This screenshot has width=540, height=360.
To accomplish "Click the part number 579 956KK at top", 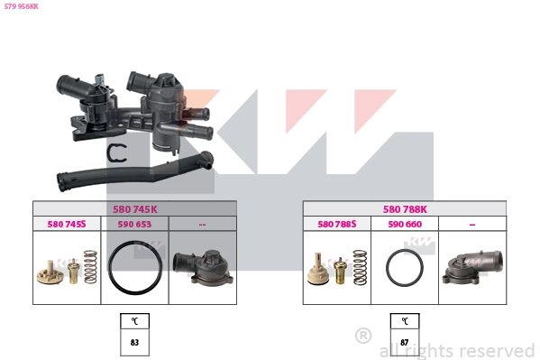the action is (x=22, y=6).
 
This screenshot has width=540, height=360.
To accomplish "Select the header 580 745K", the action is (x=134, y=209).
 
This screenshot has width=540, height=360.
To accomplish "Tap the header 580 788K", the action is (x=405, y=209).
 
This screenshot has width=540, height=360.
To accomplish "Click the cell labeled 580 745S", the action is (x=67, y=224).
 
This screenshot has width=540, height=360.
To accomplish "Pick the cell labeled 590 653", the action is (x=134, y=224).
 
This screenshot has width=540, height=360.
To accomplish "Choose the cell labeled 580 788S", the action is (x=337, y=224).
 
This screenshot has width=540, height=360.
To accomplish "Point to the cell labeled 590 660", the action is (x=405, y=224).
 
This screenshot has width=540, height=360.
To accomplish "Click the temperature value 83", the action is (x=134, y=343).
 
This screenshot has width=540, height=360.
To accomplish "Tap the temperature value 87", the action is (x=405, y=343).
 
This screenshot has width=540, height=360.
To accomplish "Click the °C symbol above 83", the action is (x=134, y=321).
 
